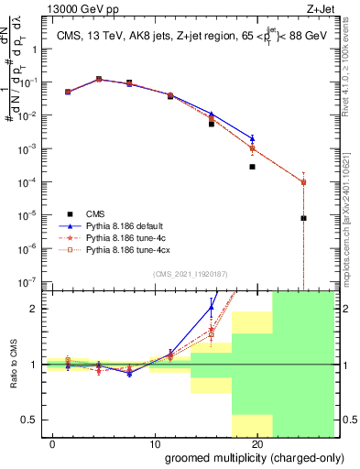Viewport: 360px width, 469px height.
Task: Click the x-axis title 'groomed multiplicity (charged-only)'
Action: pyautogui.click(x=241, y=457)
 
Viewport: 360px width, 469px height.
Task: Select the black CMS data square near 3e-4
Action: pyautogui.click(x=252, y=167)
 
